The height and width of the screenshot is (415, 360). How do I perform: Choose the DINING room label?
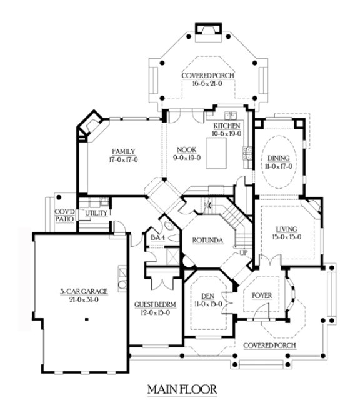[275, 159]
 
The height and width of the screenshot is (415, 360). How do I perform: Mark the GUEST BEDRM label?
[155, 304]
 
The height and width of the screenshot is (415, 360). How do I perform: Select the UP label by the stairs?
[245, 254]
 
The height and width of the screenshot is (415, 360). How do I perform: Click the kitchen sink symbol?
[229, 116]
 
